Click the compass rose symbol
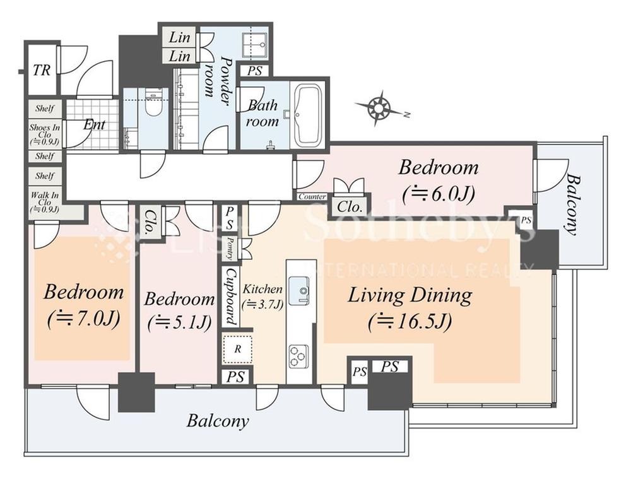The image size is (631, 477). [379, 107]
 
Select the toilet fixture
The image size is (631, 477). [153, 103]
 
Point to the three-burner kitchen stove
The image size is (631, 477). [298, 356]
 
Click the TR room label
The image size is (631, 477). [42, 70]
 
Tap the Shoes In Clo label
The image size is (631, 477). [45, 134]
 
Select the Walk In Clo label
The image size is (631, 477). [45, 202]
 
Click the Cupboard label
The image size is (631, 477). [230, 297]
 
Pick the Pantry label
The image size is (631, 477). [230, 250]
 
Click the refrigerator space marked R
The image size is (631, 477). [237, 349]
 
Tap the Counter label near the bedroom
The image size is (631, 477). [312, 197]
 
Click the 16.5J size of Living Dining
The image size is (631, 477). [410, 322]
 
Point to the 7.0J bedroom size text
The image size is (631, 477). [84, 319]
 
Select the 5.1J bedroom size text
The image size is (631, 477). [179, 323]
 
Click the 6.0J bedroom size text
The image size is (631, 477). [439, 194]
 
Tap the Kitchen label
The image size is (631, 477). [262, 289]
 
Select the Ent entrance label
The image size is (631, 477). [94, 125]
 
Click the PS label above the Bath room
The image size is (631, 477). [255, 71]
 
